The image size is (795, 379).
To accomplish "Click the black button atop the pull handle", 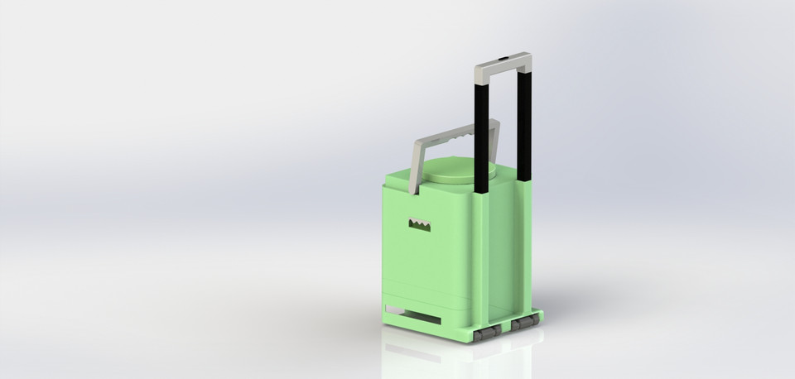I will pyautogui.click(x=503, y=59).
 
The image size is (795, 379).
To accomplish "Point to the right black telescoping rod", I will pyautogui.click(x=524, y=124).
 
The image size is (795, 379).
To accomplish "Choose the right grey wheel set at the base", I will pyautogui.click(x=525, y=324).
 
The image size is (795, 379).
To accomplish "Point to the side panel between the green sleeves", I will pyautogui.click(x=503, y=248).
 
